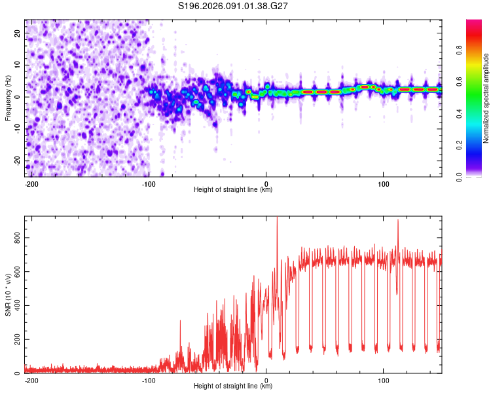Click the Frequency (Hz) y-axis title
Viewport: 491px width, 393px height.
8,98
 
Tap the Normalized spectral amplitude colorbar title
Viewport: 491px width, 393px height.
486,98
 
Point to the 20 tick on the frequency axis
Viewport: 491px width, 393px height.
18,32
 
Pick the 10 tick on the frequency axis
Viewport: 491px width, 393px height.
18,64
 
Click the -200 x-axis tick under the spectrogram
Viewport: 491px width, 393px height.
30,183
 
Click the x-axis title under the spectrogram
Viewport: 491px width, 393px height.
233,190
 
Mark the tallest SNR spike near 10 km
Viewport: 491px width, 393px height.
277,218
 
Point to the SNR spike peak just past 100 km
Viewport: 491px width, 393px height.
397,221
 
